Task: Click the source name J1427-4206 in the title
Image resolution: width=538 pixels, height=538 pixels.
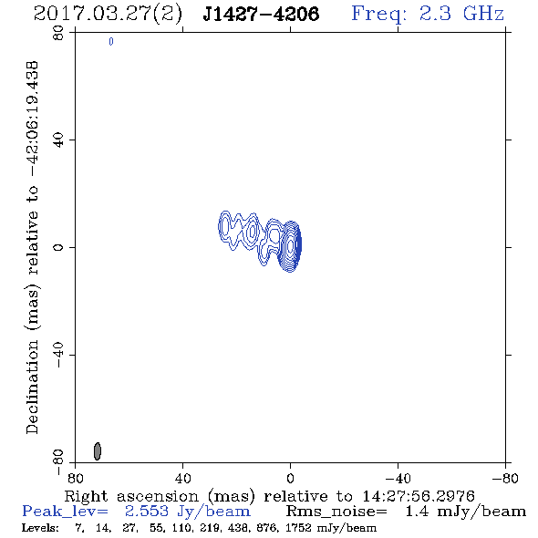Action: click(x=261, y=14)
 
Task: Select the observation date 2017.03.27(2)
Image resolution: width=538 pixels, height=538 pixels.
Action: click(x=108, y=15)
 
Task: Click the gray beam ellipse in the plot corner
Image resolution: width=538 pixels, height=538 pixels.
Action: click(x=98, y=451)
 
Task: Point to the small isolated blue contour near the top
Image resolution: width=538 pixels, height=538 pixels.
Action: click(x=111, y=42)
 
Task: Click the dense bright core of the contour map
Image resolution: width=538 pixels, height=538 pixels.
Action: click(x=291, y=246)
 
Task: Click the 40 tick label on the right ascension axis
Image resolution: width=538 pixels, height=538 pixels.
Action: click(x=182, y=479)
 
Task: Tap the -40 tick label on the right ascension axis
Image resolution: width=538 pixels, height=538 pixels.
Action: click(x=398, y=479)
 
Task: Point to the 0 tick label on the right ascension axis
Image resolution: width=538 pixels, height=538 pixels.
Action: click(x=290, y=479)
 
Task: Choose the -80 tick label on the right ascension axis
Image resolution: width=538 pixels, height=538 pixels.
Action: click(x=505, y=479)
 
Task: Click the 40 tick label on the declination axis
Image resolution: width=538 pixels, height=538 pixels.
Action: click(x=58, y=140)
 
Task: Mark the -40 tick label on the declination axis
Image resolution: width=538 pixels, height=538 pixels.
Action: click(x=58, y=355)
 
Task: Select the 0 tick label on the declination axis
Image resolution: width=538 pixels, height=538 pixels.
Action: click(x=58, y=247)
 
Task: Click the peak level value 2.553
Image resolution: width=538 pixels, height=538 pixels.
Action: click(x=147, y=511)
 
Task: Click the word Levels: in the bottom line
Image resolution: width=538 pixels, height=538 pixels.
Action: click(x=40, y=528)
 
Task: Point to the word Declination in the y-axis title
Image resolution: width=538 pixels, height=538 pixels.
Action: click(x=32, y=388)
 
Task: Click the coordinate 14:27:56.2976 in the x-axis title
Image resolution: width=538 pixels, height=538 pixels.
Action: click(x=419, y=496)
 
